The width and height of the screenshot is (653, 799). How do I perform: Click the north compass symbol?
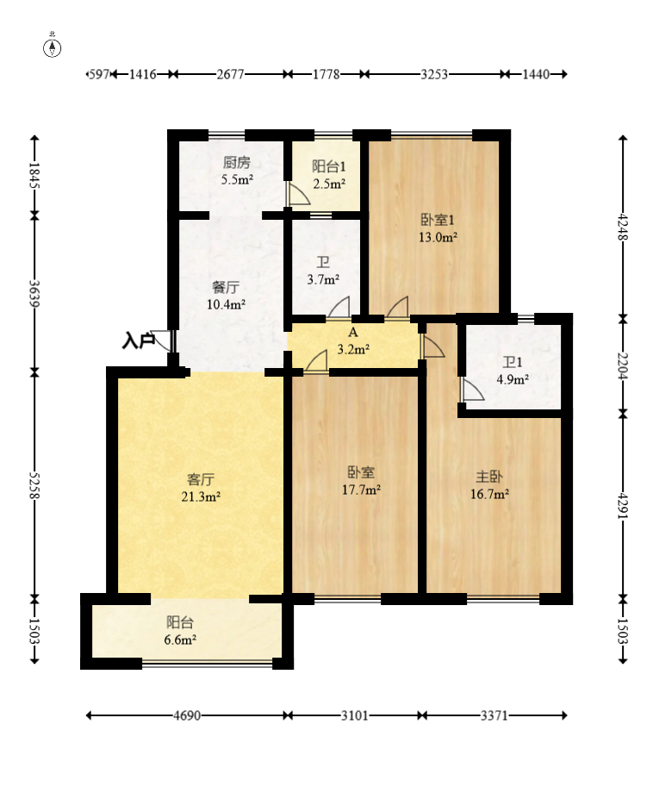(x=52, y=47)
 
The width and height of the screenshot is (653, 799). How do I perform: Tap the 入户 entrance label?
(x=138, y=340)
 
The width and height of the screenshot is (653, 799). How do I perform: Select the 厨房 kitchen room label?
(x=237, y=163)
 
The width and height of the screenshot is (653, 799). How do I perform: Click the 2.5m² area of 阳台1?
(x=329, y=184)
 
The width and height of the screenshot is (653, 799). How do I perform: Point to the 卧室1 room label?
(x=438, y=220)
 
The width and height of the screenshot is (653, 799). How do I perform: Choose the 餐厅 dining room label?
(x=226, y=287)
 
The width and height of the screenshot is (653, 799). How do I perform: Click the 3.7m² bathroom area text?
(x=323, y=279)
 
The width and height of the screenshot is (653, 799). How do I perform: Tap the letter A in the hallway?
(x=353, y=333)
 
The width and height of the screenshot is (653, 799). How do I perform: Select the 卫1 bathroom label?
(x=513, y=362)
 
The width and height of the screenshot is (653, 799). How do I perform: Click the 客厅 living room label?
(x=201, y=479)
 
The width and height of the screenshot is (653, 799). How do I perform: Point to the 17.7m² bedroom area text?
(x=361, y=490)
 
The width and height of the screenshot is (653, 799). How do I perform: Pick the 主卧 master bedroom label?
(x=489, y=477)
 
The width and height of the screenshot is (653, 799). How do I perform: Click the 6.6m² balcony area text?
(x=180, y=640)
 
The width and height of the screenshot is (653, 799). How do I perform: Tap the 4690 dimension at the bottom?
(x=187, y=715)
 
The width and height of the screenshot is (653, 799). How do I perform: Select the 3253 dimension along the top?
(x=434, y=74)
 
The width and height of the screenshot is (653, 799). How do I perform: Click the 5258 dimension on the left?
(x=34, y=485)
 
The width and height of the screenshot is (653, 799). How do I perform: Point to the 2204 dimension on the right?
(x=623, y=365)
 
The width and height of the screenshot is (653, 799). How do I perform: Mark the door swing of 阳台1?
(x=298, y=194)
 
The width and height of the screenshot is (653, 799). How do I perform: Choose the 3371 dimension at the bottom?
(x=494, y=715)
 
